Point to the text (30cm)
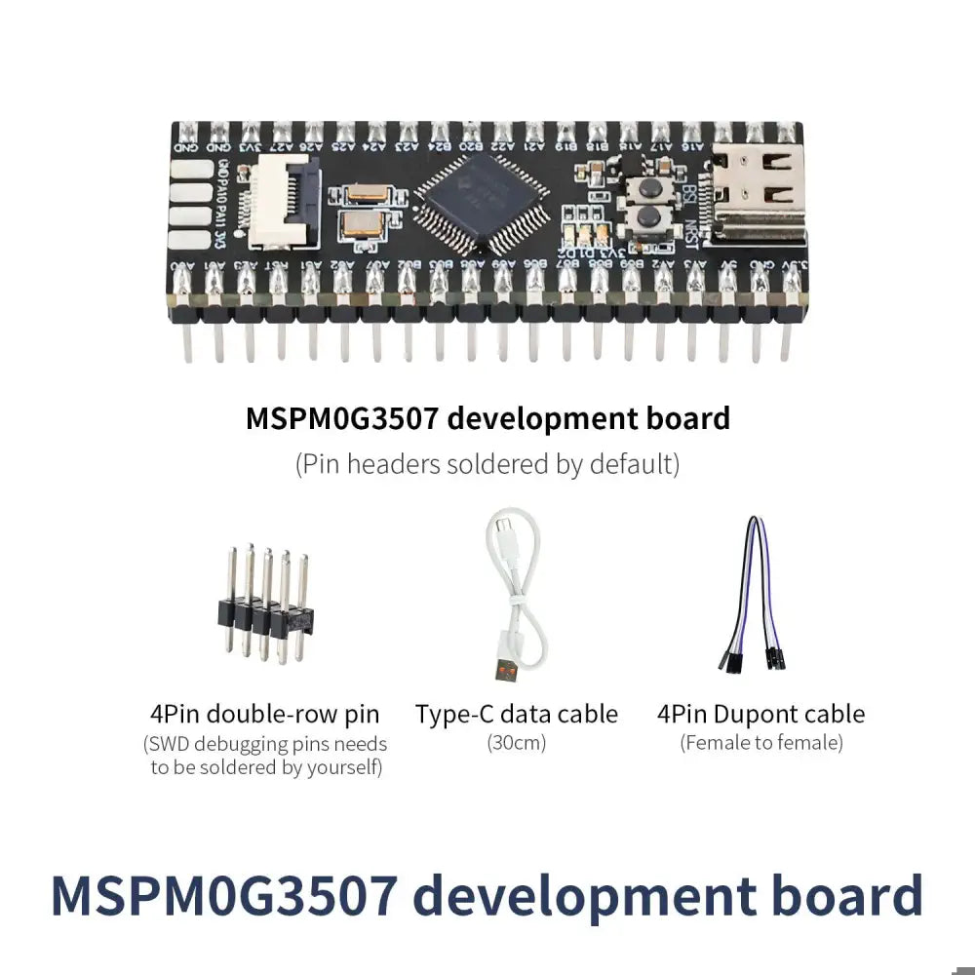coord(517,743)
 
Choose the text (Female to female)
coord(760,743)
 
